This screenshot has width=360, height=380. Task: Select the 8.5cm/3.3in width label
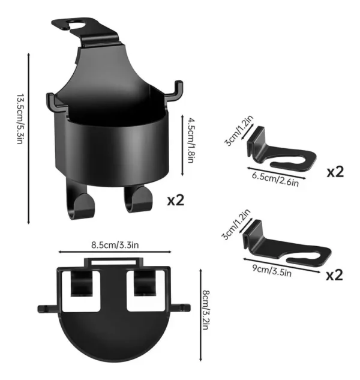point(115,245)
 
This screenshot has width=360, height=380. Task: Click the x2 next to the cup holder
point(176,200)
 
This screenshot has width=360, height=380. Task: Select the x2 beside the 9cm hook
point(335,275)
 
